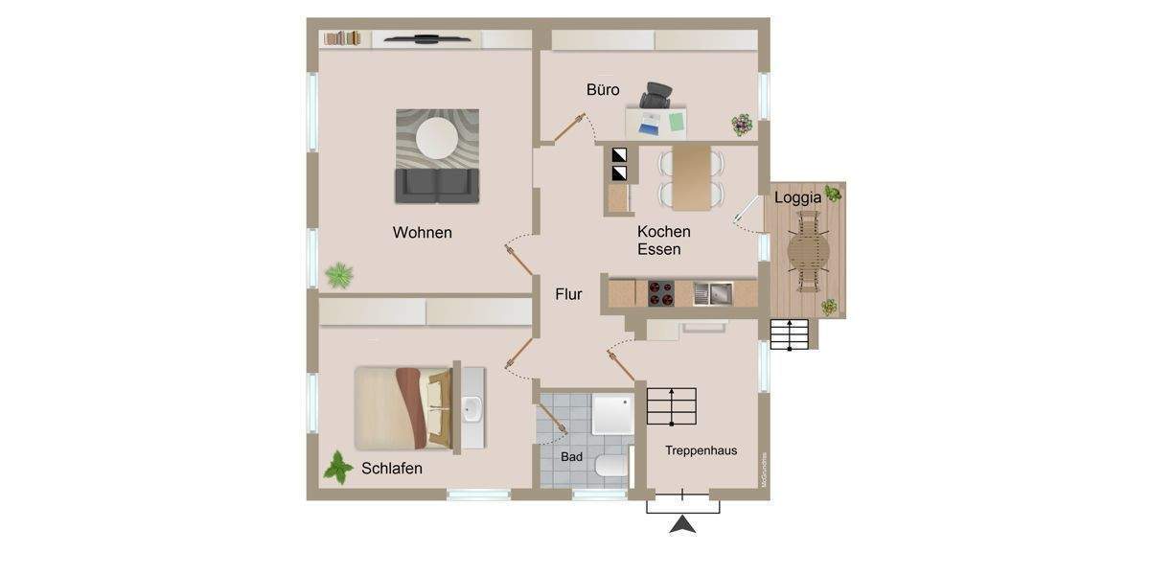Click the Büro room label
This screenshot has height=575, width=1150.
point(603,90)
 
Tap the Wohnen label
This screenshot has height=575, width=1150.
point(422,233)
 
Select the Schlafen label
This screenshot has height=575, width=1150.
point(392,469)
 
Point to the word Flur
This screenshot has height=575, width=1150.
point(568,295)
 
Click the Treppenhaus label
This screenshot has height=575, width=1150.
point(701,450)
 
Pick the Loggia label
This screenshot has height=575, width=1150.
point(797,198)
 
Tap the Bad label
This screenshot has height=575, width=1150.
point(572,457)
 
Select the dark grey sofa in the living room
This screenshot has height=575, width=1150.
point(438,185)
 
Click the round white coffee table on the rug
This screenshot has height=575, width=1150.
point(438,136)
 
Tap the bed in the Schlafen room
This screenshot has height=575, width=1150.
point(402,407)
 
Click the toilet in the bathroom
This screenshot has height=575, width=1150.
point(609,468)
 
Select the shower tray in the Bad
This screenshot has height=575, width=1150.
point(611,414)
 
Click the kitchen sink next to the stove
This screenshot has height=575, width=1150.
point(713,292)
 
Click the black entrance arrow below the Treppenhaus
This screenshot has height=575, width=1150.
point(682,524)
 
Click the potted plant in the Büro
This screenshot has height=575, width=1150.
point(743,124)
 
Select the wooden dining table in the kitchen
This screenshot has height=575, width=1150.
point(691,177)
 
